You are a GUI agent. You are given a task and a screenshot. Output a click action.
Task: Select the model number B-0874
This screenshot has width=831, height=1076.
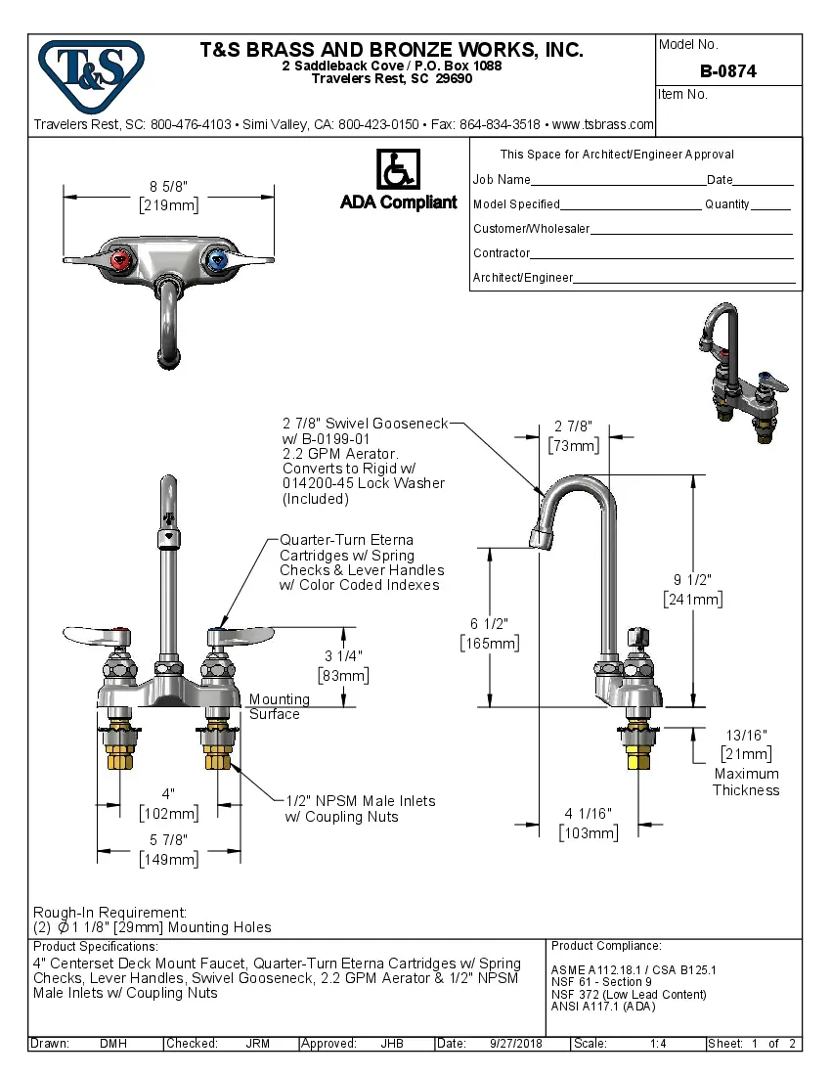pyautogui.click(x=727, y=71)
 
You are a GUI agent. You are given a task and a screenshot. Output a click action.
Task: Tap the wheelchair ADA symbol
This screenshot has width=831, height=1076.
pyautogui.click(x=398, y=170)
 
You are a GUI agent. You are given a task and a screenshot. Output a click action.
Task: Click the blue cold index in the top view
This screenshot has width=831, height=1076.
pyautogui.click(x=217, y=260)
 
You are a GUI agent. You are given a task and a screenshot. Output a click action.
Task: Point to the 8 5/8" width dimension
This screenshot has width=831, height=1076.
pyautogui.click(x=167, y=186)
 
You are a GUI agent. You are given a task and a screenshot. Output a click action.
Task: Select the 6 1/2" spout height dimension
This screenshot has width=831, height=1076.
pyautogui.click(x=489, y=623)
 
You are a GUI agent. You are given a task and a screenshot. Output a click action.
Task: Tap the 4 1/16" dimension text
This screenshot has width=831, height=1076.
pyautogui.click(x=588, y=813)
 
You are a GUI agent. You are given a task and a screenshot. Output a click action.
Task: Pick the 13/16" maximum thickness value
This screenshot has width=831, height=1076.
pyautogui.click(x=746, y=735)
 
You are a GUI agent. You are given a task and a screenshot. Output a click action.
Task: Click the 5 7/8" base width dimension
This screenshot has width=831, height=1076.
pyautogui.click(x=167, y=839)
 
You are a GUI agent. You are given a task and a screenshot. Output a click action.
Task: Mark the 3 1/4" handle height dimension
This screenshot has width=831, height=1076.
pyautogui.click(x=343, y=655)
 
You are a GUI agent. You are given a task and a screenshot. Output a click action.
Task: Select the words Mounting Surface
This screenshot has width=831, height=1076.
pyautogui.click(x=279, y=706)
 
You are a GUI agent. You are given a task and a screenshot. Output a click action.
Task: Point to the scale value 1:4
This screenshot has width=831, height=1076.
pyautogui.click(x=658, y=1044)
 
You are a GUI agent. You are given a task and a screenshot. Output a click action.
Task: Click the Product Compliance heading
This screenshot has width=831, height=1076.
pyautogui.click(x=606, y=946)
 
